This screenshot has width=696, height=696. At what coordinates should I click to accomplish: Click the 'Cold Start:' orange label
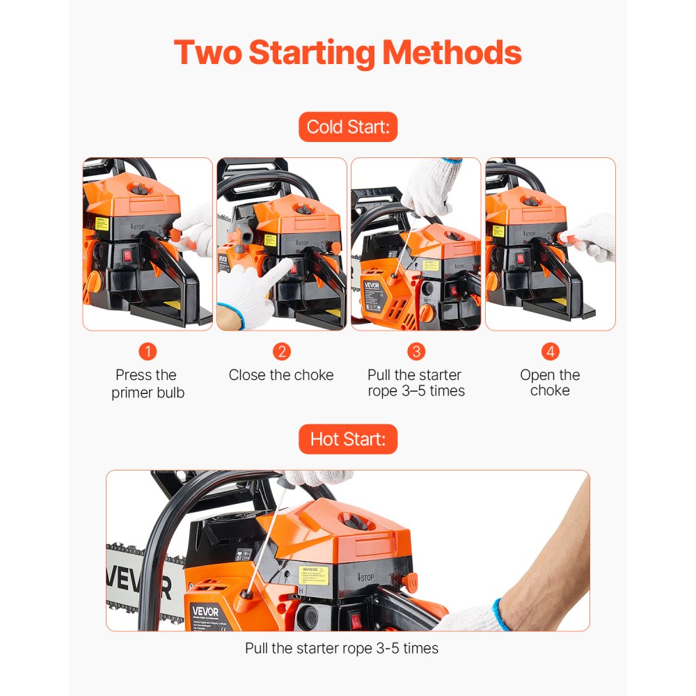[348, 127]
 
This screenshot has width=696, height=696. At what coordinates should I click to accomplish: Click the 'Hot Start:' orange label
[348, 440]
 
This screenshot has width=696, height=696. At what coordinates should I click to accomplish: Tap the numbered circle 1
[148, 351]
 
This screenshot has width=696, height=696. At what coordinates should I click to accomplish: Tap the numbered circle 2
[281, 351]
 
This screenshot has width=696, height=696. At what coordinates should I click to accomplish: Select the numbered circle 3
[416, 351]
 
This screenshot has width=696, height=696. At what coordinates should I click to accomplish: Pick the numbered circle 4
[550, 351]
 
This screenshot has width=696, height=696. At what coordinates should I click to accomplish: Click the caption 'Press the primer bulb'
[148, 383]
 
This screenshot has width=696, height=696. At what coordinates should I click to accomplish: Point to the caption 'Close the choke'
[281, 375]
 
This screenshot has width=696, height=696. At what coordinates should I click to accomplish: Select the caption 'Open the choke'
[550, 383]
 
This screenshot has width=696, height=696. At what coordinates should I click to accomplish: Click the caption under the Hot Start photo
[342, 649]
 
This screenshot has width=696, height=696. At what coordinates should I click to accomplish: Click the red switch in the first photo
[127, 256]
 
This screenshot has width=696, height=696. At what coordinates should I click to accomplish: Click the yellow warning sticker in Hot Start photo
[313, 574]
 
